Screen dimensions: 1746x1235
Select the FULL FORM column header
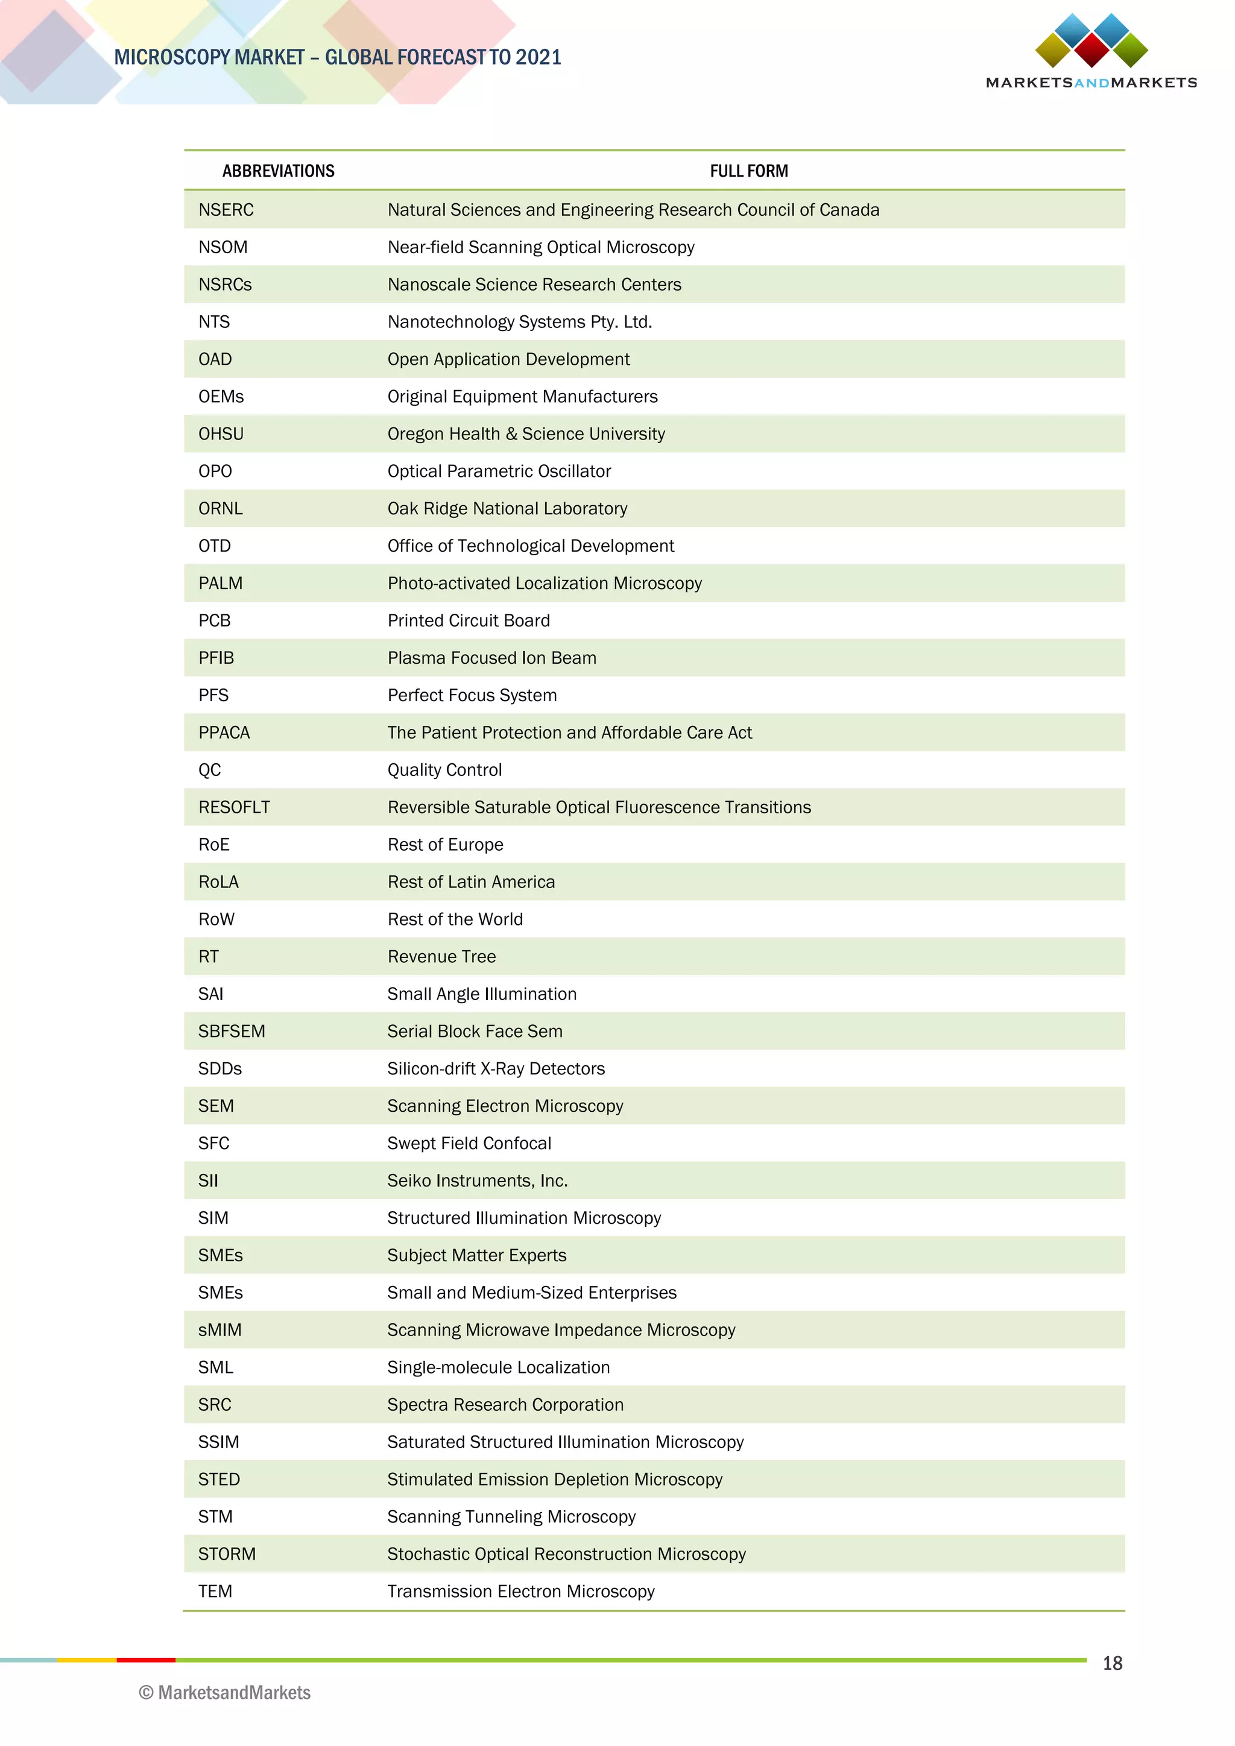click(748, 171)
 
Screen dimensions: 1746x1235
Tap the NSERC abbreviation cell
click(226, 210)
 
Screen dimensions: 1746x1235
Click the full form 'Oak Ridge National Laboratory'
click(507, 509)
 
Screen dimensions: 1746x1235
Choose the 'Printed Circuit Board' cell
click(469, 620)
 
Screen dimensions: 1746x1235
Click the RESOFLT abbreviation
click(233, 808)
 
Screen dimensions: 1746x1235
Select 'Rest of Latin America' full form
click(471, 882)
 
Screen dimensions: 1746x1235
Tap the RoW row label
click(216, 919)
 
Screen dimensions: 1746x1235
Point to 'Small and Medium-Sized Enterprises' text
click(531, 1293)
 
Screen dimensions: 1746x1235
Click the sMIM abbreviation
click(220, 1330)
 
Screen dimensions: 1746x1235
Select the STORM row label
click(227, 1554)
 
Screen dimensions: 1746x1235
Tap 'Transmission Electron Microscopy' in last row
click(520, 1591)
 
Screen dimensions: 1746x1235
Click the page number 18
click(1112, 1663)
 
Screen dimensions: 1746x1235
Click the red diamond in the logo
click(1091, 49)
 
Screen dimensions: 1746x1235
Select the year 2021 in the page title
click(539, 57)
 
